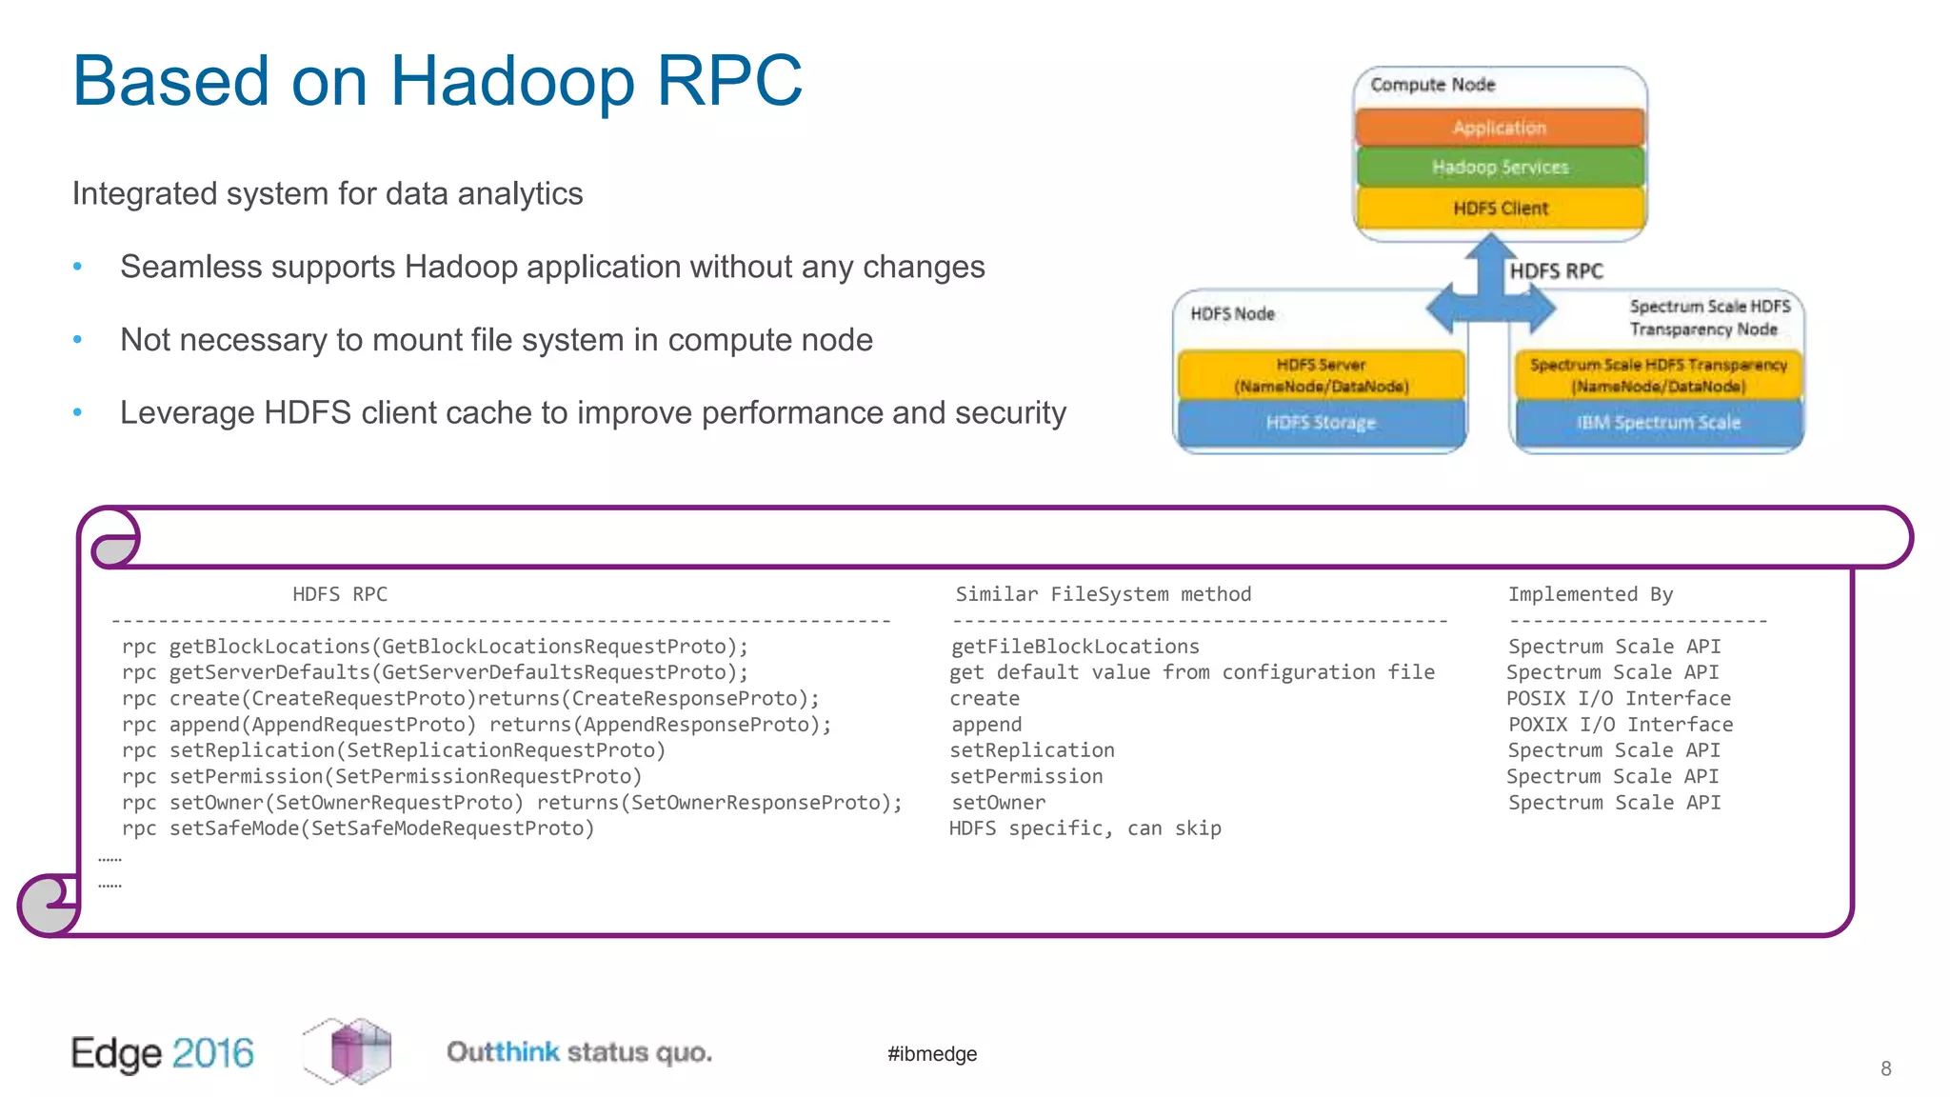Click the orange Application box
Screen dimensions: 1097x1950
[x=1500, y=128]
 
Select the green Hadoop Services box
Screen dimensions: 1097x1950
[x=1500, y=168]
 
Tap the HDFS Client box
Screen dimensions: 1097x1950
[x=1500, y=209]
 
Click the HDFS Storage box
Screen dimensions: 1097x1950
[x=1321, y=423]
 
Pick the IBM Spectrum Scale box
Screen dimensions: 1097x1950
[x=1658, y=423]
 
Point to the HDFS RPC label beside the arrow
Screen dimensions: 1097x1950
[x=1556, y=271]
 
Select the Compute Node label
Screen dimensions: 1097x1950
[x=1432, y=85]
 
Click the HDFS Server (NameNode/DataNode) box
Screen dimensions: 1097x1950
[x=1321, y=375]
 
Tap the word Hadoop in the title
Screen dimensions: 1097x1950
[x=512, y=81]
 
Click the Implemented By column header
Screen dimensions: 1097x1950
[x=1590, y=594]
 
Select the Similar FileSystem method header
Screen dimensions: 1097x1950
[x=1103, y=594]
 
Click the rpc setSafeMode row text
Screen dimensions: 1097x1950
[x=358, y=828]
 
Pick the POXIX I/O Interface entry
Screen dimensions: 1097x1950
[x=1621, y=725]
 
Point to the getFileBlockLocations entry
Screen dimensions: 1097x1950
[x=1075, y=647]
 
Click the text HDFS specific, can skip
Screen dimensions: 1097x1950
[x=1084, y=828]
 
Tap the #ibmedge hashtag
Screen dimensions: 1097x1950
[x=931, y=1054]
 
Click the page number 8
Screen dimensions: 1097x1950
[x=1885, y=1068]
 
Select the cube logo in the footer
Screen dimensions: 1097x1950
[x=348, y=1051]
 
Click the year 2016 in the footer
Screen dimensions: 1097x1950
[x=213, y=1053]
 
